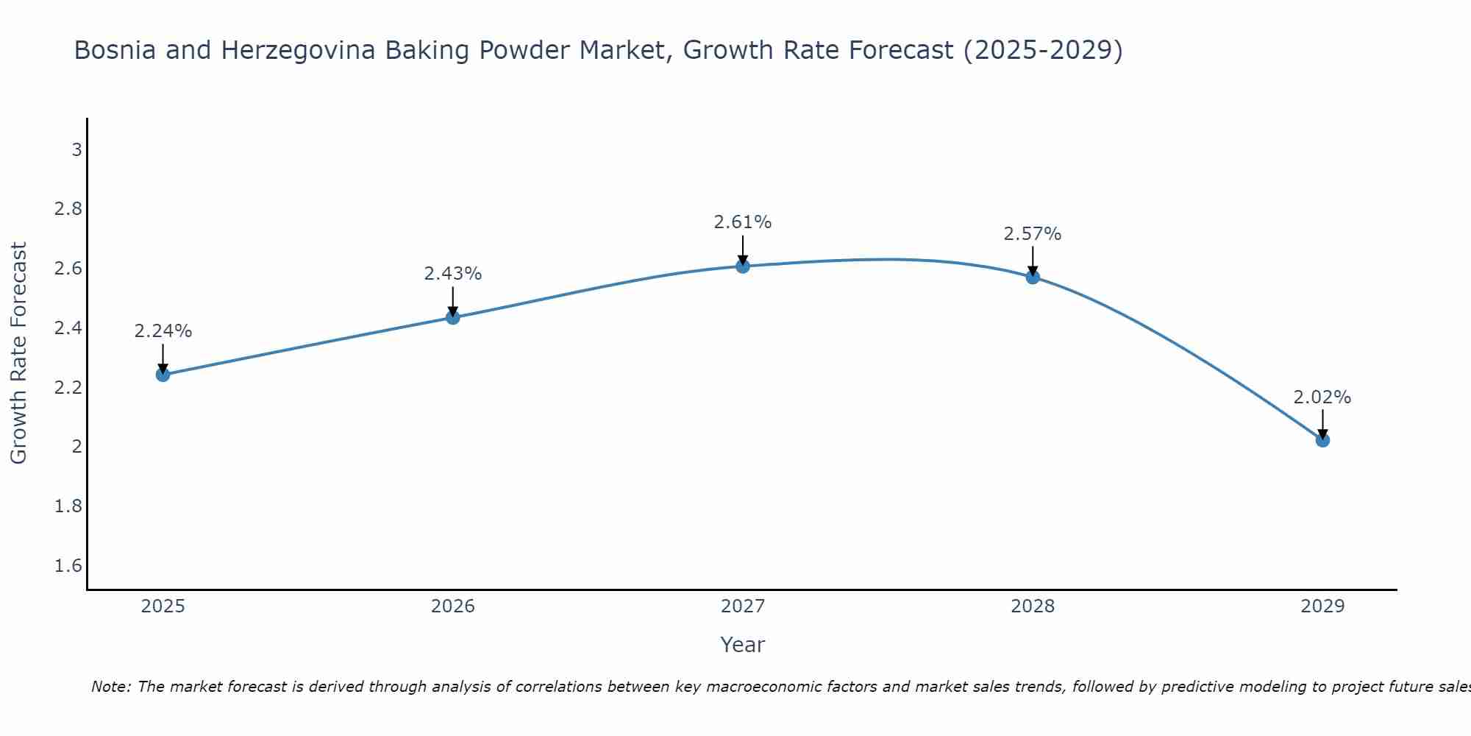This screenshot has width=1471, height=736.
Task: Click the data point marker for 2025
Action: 163,375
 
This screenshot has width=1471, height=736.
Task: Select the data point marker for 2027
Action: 743,266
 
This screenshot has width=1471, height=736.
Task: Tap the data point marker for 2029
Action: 1322,440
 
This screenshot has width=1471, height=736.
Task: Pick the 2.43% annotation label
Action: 453,274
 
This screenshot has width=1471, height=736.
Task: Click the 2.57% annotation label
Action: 1033,234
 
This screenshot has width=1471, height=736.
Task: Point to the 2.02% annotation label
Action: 1322,397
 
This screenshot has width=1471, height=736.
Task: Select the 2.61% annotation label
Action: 743,222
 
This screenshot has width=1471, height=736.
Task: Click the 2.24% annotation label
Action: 163,331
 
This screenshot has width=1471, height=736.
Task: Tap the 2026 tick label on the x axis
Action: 453,606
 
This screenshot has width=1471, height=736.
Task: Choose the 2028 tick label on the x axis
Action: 1033,606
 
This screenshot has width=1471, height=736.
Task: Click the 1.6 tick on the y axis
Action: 68,566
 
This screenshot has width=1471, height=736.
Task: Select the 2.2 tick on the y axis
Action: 68,388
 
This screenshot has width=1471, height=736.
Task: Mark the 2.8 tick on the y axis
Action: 68,210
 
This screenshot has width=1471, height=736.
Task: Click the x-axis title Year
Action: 743,645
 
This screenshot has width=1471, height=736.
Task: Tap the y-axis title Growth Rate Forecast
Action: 19,353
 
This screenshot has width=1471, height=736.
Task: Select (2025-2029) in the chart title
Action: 1043,51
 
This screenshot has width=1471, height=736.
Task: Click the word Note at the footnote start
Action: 111,687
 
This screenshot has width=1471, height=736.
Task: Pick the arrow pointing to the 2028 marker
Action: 1033,261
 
